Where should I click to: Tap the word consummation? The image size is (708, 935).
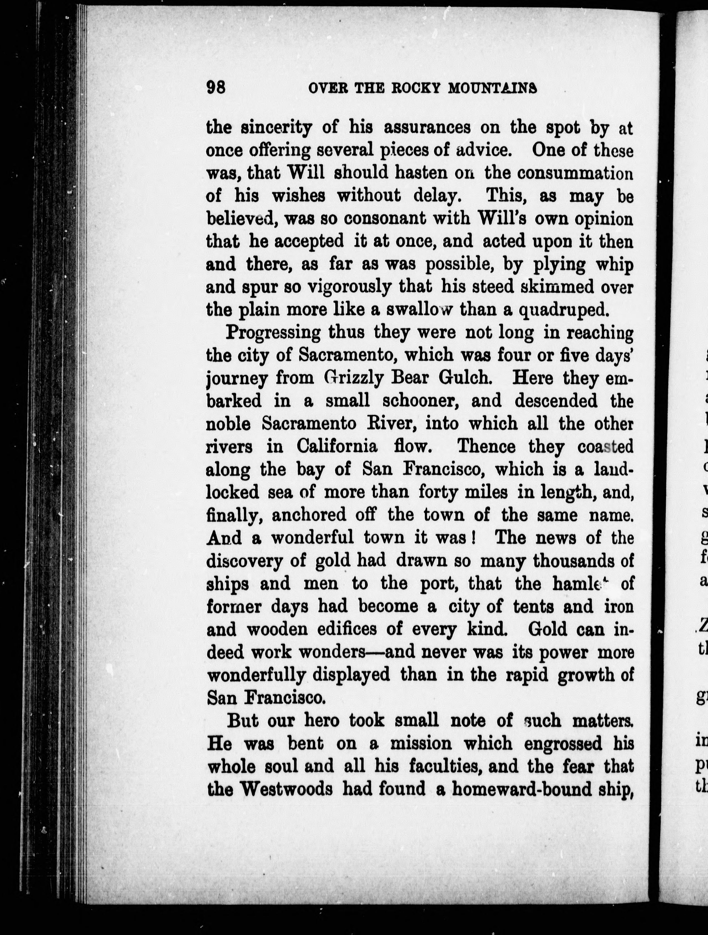point(575,174)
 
